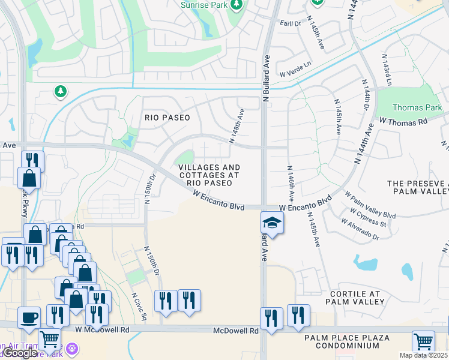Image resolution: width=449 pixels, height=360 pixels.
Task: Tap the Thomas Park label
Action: coord(412,108)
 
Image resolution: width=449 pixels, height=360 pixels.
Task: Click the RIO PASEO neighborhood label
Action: coord(167,118)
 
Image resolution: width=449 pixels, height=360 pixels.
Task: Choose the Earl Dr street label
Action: coord(290,23)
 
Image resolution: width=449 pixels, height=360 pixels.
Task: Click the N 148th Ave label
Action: coord(238,125)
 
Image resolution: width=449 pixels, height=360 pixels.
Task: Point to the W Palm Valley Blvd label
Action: coord(370,206)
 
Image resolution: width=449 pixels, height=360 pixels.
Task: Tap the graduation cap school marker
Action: coord(272,223)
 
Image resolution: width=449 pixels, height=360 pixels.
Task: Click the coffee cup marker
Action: coord(29,317)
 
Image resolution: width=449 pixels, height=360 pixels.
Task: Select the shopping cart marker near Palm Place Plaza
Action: coord(423,341)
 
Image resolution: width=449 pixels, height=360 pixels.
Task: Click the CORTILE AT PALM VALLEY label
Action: coord(355,298)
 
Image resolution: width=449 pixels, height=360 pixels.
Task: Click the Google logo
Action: coord(20,353)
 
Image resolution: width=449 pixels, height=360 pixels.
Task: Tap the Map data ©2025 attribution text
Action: coord(423,355)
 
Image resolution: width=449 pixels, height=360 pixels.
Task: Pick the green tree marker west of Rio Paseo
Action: coord(60,92)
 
